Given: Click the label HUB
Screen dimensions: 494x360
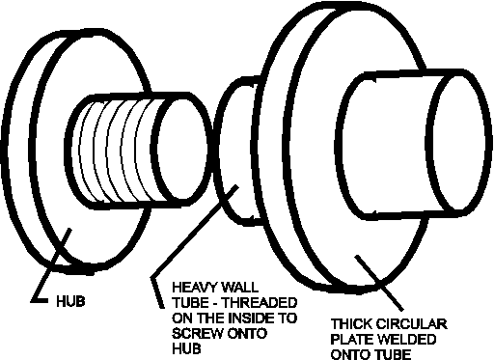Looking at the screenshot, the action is (70, 301).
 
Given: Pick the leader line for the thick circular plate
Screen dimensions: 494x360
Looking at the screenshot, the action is (379, 283).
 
